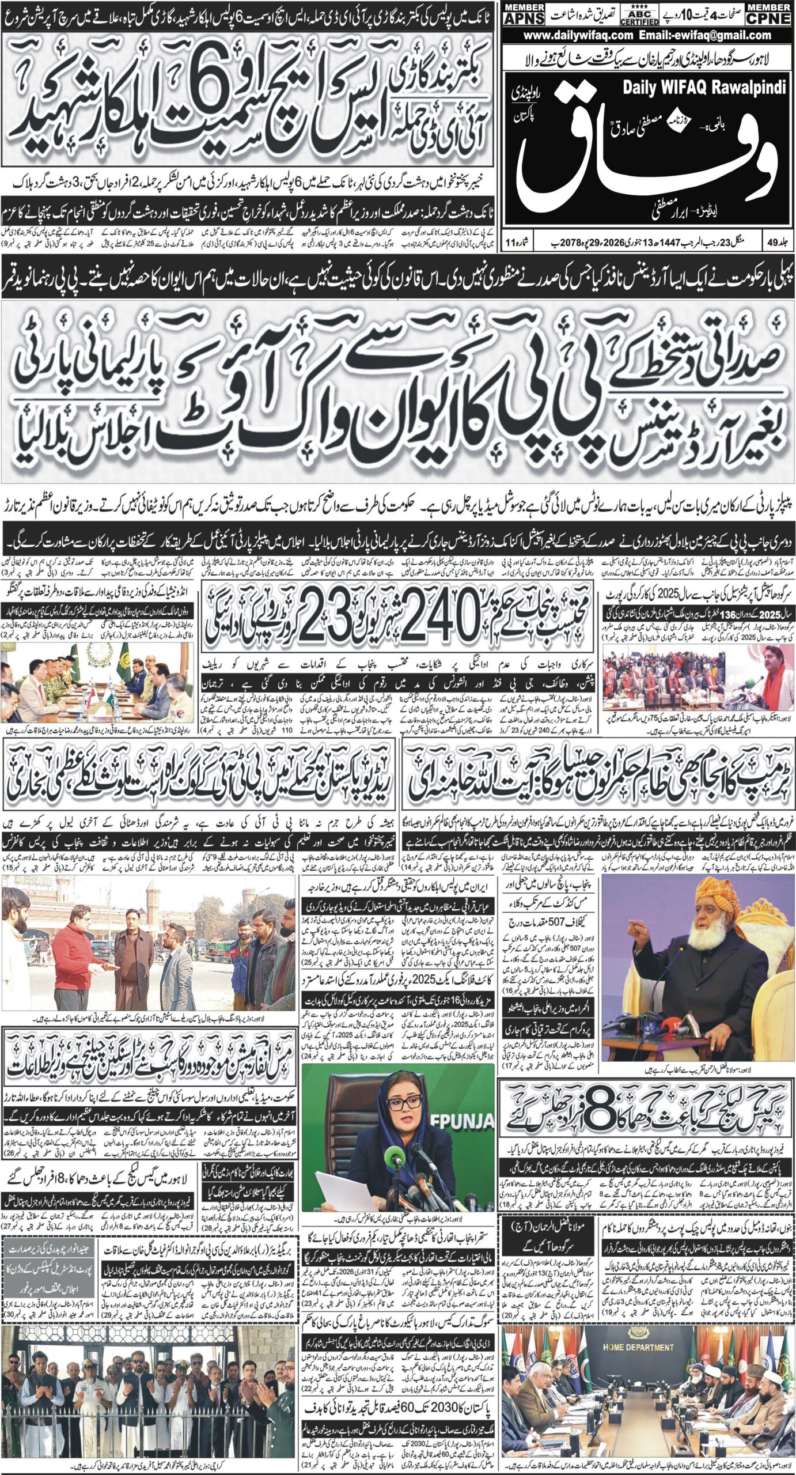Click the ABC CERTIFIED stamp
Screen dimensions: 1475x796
(639, 14)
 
